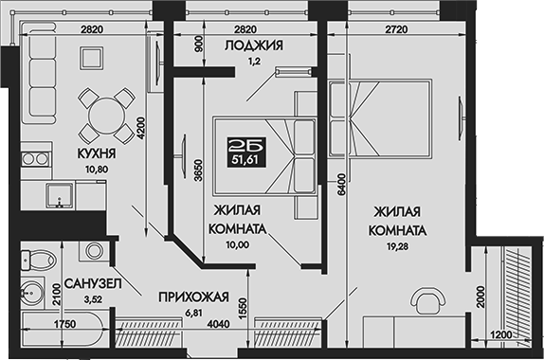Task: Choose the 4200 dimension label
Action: coord(139,127)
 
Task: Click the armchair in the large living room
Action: coord(427,303)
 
